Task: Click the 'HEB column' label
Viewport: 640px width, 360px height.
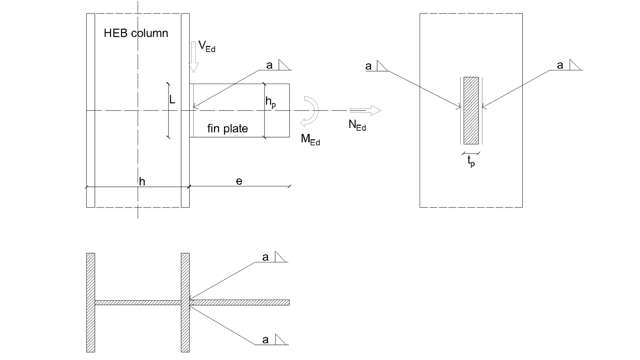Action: [x=136, y=33]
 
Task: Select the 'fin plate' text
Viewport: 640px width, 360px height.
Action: [x=228, y=128]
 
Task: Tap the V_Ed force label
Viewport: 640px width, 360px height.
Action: [x=206, y=46]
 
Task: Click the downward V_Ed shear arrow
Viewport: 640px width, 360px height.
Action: [x=194, y=57]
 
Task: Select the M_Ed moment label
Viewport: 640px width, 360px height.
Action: [x=310, y=140]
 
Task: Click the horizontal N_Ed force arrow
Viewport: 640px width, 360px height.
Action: [x=366, y=110]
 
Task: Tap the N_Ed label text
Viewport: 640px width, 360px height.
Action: [x=357, y=126]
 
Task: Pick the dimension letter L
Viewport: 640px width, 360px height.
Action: [x=172, y=100]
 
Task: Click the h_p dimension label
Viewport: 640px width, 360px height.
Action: [x=270, y=102]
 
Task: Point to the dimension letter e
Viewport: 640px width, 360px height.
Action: [x=239, y=181]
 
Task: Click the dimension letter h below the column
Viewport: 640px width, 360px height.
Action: [x=142, y=182]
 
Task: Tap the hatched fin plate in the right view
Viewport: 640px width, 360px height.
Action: [x=471, y=110]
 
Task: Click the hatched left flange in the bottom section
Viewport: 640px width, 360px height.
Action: [x=90, y=302]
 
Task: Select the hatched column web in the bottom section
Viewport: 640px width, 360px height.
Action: [x=138, y=302]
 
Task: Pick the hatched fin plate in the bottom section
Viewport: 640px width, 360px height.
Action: [x=240, y=302]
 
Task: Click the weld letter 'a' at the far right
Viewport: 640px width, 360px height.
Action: [x=560, y=66]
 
